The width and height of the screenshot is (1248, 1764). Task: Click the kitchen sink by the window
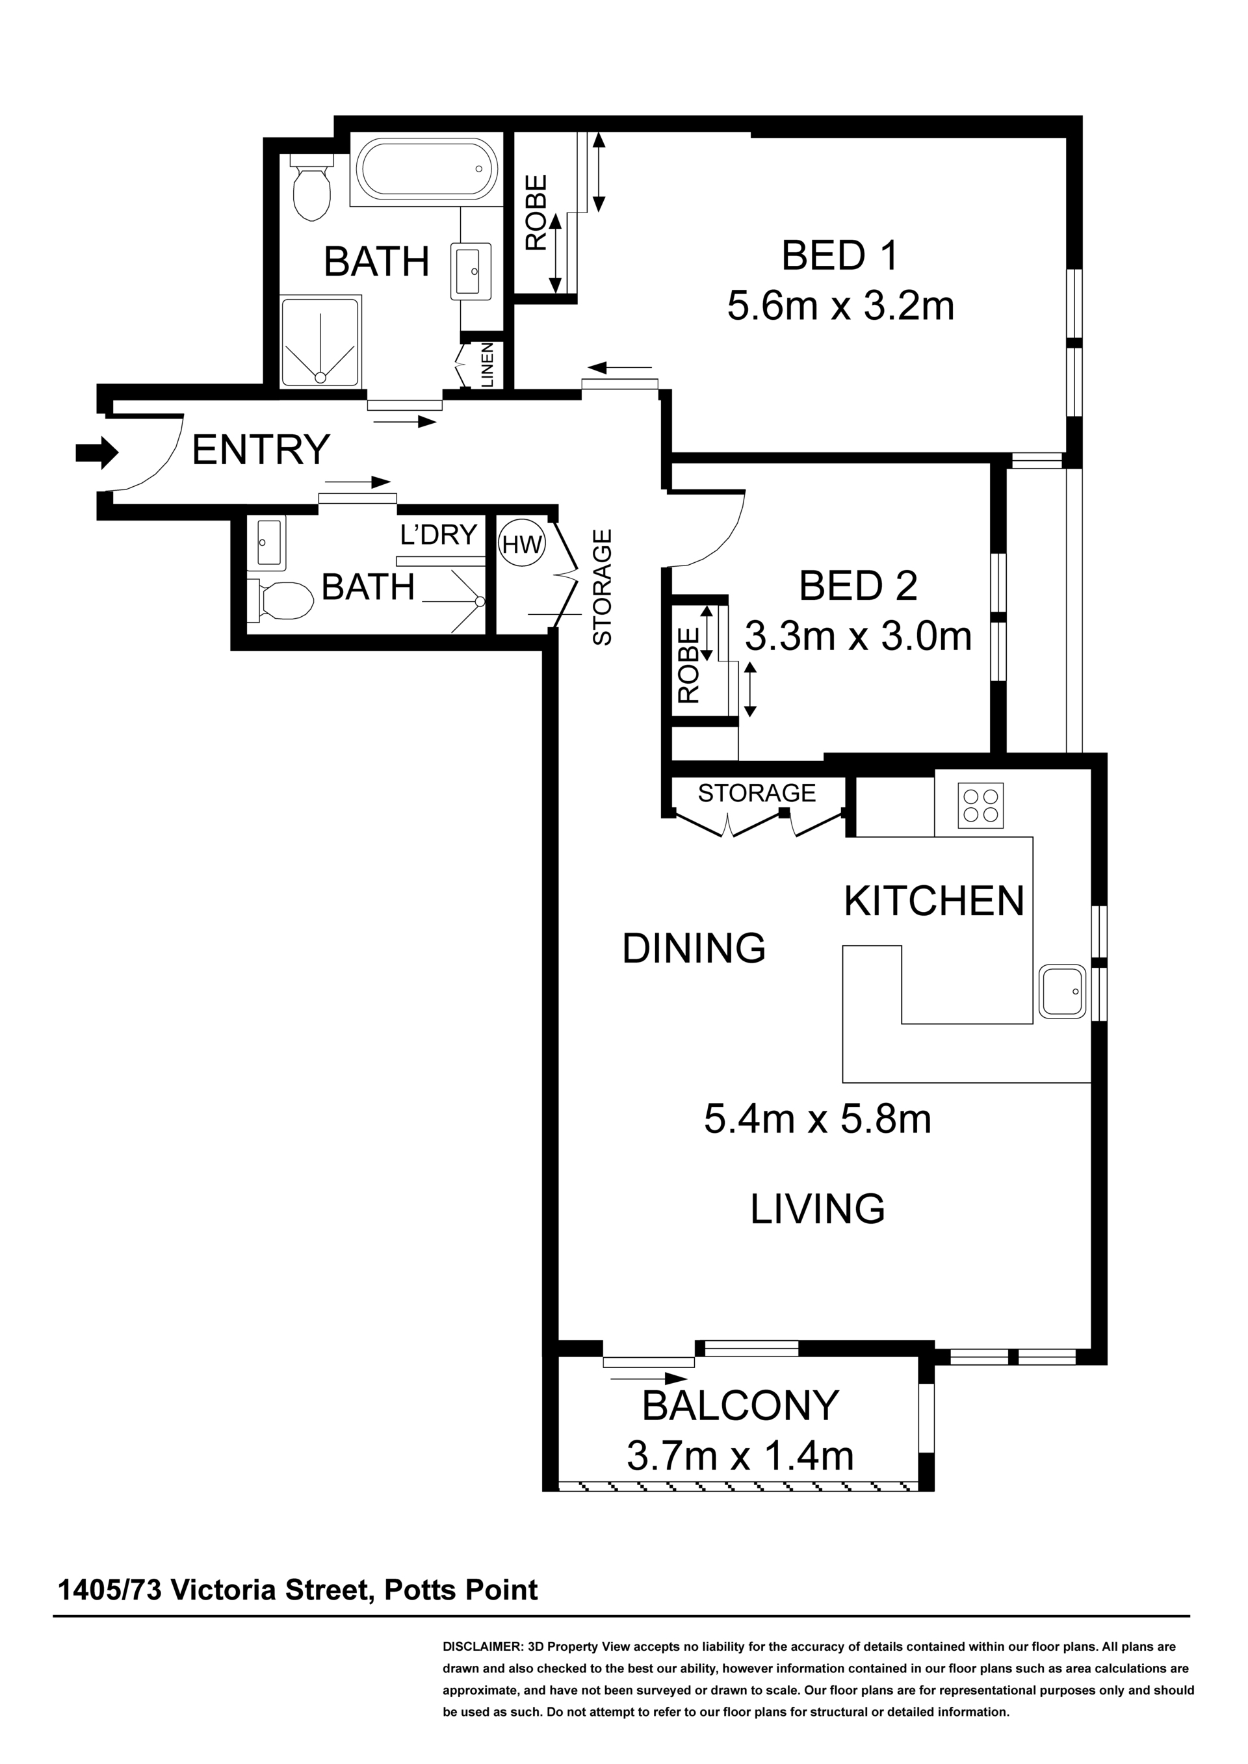pyautogui.click(x=1063, y=992)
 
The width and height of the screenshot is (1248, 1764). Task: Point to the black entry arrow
pyautogui.click(x=97, y=452)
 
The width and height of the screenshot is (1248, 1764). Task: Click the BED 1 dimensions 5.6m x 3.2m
pyautogui.click(x=840, y=305)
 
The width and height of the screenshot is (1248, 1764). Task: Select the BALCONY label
pyautogui.click(x=740, y=1406)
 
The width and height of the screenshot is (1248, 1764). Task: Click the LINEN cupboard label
pyautogui.click(x=487, y=364)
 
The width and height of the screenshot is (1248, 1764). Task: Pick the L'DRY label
pyautogui.click(x=439, y=534)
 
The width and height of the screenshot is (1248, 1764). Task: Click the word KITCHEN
pyautogui.click(x=935, y=901)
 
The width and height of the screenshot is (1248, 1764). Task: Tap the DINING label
pyautogui.click(x=694, y=948)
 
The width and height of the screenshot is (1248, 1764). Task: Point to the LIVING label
pyautogui.click(x=818, y=1208)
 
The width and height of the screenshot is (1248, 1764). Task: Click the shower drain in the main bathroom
pyautogui.click(x=320, y=377)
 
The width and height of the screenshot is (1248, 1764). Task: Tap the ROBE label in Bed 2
pyautogui.click(x=688, y=666)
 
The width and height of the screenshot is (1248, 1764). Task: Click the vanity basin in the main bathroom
pyautogui.click(x=471, y=270)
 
